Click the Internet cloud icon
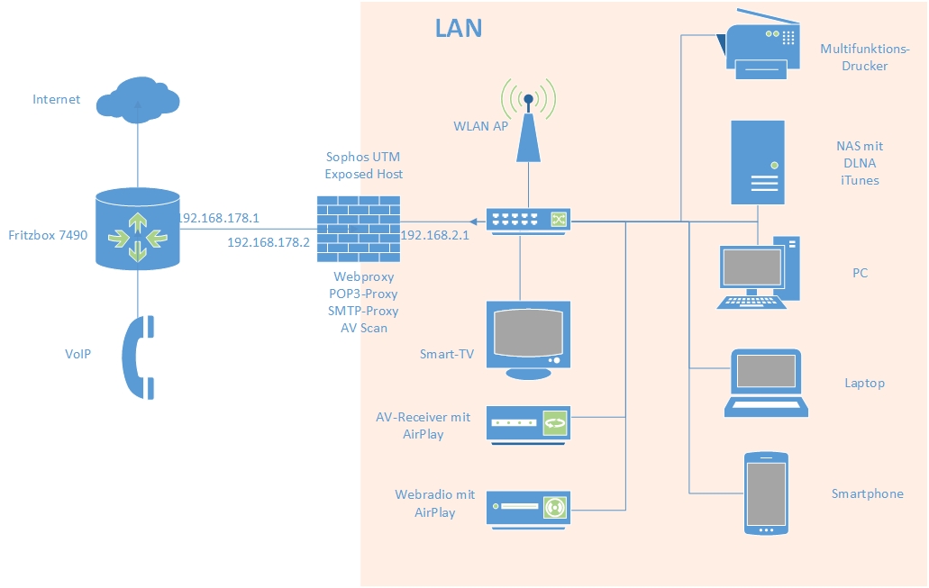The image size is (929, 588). click(138, 98)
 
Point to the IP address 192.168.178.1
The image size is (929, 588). click(219, 218)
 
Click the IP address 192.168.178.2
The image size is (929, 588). click(268, 242)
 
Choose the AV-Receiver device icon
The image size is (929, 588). click(529, 423)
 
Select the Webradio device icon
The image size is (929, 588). click(529, 508)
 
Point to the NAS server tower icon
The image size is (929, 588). click(758, 163)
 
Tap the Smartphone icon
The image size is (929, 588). click(766, 493)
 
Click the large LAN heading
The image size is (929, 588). click(459, 28)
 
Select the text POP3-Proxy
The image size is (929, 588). click(363, 294)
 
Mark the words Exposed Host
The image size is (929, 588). click(363, 174)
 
